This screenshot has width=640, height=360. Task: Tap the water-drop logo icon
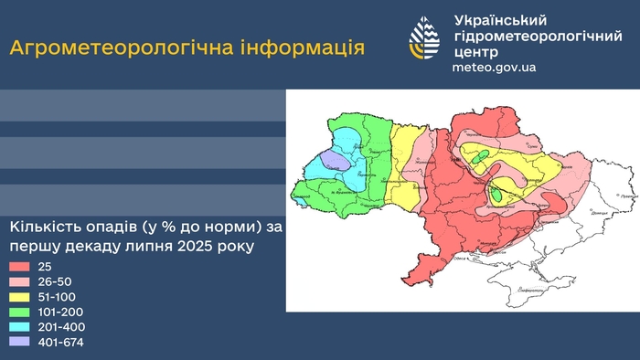[423, 41]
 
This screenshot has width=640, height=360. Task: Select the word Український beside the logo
[500, 20]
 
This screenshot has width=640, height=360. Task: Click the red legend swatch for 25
[19, 266]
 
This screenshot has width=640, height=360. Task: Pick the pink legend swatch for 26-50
[19, 281]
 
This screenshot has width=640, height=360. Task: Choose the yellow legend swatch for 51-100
[19, 297]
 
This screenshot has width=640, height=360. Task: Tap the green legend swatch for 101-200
[19, 312]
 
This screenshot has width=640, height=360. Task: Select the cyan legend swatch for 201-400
[19, 328]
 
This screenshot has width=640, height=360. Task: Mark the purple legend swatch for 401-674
[19, 344]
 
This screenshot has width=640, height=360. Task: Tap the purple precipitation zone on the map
[335, 161]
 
